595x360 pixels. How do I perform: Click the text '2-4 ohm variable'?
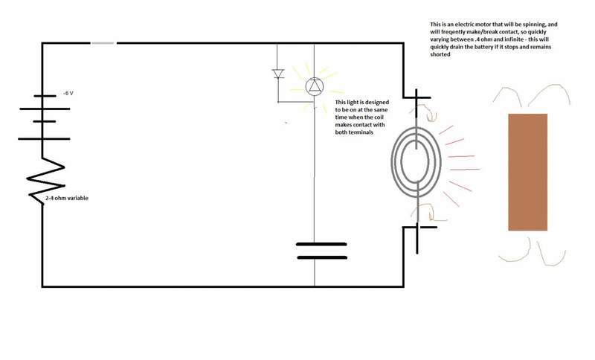click(x=65, y=199)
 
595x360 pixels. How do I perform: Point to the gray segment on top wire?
click(x=103, y=43)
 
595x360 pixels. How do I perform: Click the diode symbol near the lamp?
click(x=279, y=74)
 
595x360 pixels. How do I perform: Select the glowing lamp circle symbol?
click(x=315, y=87)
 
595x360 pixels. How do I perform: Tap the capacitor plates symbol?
click(x=321, y=250)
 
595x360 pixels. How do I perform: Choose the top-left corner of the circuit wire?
click(x=42, y=43)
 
